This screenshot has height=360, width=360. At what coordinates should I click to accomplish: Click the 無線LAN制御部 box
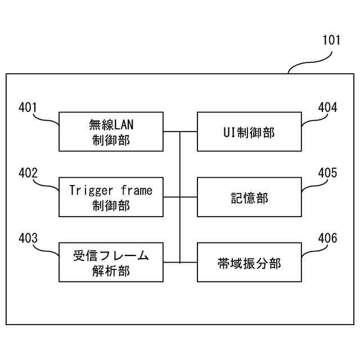pyautogui.click(x=111, y=132)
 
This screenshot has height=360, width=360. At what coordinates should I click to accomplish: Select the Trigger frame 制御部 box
pyautogui.click(x=111, y=197)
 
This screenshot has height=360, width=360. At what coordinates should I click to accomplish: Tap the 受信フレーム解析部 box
pyautogui.click(x=111, y=262)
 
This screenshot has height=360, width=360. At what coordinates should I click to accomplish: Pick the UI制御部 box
pyautogui.click(x=249, y=132)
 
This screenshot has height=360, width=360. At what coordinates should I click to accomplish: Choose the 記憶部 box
pyautogui.click(x=249, y=197)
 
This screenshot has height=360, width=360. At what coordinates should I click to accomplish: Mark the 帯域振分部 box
pyautogui.click(x=249, y=262)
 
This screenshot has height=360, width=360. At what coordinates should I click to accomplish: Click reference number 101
pyautogui.click(x=331, y=40)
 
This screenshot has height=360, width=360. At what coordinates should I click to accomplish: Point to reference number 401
pyautogui.click(x=28, y=107)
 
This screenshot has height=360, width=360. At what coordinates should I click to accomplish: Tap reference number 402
pyautogui.click(x=28, y=173)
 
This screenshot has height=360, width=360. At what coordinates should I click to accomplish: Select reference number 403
pyautogui.click(x=28, y=238)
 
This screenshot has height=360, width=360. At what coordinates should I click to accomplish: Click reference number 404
pyautogui.click(x=328, y=107)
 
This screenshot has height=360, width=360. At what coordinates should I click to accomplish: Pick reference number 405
pyautogui.click(x=328, y=173)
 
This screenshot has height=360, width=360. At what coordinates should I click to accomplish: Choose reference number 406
pyautogui.click(x=328, y=238)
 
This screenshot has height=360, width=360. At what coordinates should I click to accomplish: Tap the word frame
pyautogui.click(x=135, y=190)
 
